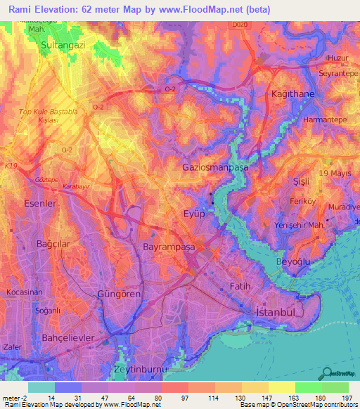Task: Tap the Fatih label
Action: click(240, 286)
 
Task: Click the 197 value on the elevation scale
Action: click(348, 397)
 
